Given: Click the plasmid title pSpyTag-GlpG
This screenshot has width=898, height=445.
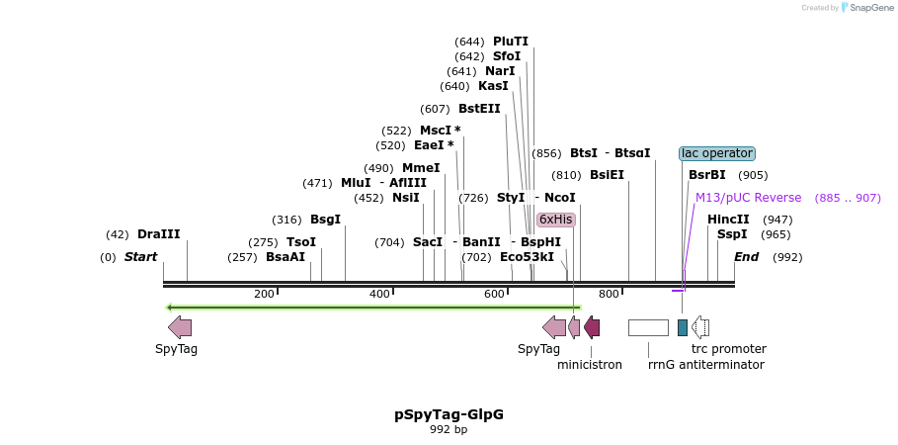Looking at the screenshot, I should [449, 414].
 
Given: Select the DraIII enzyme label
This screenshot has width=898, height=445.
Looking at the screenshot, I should [159, 234].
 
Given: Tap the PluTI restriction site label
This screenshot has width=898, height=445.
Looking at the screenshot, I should [511, 42].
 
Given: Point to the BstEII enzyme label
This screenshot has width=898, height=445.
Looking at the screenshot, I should [479, 109].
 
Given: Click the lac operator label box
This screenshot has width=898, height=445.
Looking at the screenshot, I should [717, 153].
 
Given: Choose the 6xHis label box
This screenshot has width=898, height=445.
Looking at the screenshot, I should [555, 220].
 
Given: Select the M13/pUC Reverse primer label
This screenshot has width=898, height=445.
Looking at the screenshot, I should [748, 198].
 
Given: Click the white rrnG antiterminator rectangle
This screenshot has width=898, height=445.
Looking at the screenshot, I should [648, 327].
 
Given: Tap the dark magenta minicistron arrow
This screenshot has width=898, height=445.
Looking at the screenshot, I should [592, 327].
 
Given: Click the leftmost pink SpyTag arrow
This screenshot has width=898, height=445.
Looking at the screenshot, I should [180, 327].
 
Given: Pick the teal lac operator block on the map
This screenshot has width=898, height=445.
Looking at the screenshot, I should [682, 327].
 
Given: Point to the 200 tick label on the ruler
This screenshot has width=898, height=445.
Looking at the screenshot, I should [264, 294].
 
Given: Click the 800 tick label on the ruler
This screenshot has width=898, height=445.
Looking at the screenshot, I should [609, 294].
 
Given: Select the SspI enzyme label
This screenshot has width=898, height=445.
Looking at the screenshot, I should [732, 234].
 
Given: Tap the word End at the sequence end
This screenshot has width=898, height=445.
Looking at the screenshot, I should [746, 257].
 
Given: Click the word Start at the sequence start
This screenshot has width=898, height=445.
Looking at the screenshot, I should [140, 257].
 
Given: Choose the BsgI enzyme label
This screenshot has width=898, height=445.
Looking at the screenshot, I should [325, 220].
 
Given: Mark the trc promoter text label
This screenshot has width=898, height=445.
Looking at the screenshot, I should [728, 349].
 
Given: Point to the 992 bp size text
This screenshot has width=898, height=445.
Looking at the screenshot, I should [449, 430].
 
